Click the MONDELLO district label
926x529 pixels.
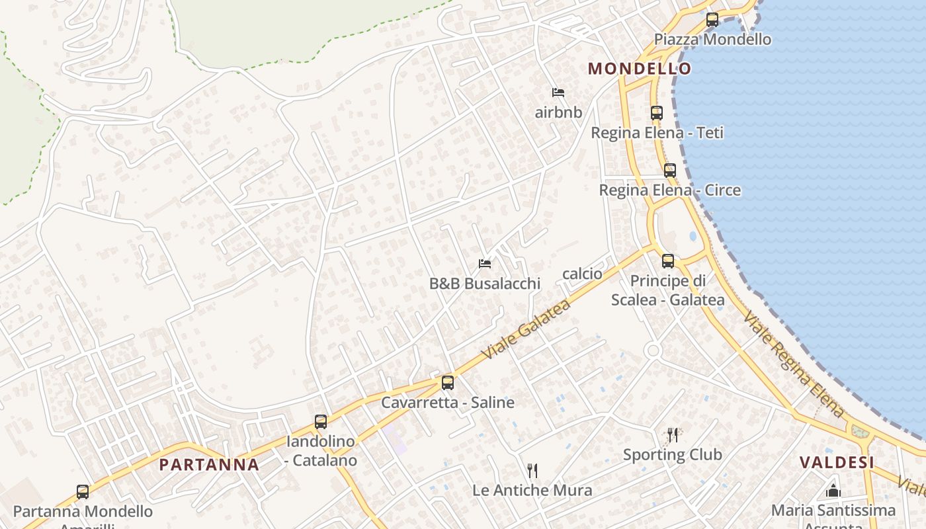coord(640,68)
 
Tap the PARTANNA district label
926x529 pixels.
coord(209,464)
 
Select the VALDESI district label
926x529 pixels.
coord(837,462)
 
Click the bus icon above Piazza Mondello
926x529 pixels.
coord(712,20)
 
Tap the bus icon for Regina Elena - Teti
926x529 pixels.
coord(656,113)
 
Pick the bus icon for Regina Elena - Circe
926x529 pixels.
coord(670,171)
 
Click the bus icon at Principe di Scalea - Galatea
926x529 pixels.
coord(668,261)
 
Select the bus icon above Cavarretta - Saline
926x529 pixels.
coord(448,383)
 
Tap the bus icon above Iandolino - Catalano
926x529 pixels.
coord(321,422)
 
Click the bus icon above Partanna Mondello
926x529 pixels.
coord(83,492)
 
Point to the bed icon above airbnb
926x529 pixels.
coord(558,93)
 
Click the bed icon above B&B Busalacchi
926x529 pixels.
coord(485,264)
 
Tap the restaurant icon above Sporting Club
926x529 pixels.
coord(673,434)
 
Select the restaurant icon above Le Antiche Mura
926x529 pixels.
coord(532,471)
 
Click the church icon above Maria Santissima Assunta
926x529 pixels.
coord(833,491)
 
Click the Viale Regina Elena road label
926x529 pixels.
coord(793,364)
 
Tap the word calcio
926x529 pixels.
coord(582,274)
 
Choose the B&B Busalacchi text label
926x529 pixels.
coord(485,284)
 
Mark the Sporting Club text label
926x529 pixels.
coord(673,454)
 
